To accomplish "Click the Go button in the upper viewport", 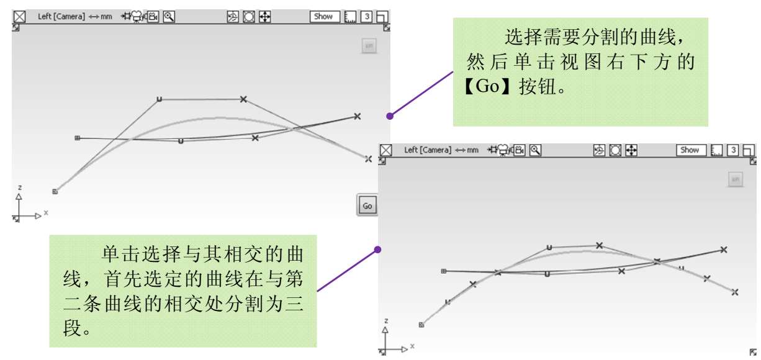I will pos(367,205).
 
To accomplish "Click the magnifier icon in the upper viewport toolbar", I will pos(168,17).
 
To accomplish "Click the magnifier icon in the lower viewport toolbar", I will pos(534,150).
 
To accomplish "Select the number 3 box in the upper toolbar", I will pos(367,17).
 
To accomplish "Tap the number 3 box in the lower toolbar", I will pos(733,150).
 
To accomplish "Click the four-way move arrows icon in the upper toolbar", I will pos(265,17).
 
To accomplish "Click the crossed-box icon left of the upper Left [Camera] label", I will pos(19,17).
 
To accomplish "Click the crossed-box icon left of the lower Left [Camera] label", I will pos(386,150).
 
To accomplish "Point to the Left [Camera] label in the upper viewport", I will pos(61,17).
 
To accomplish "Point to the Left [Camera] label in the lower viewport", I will pos(428,150).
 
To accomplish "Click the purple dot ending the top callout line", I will pos(390,115).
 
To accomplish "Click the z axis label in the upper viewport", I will pos(20,187).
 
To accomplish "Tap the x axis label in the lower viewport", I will pos(412,346).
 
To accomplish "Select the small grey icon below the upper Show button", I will pos(369,46).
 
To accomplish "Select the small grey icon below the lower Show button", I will pos(735,179).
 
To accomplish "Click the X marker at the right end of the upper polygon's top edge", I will pos(243,99).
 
